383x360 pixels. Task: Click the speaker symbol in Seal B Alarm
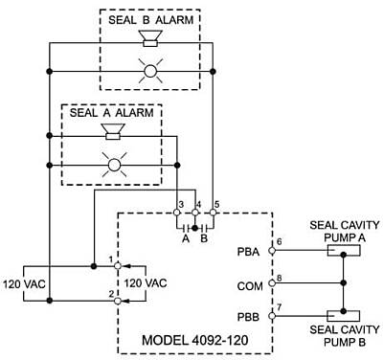tap(150, 38)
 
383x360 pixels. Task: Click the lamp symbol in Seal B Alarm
tap(150, 71)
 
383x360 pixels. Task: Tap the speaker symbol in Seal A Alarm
tap(113, 132)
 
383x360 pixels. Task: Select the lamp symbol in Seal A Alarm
tap(114, 165)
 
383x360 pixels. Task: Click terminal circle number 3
tap(176, 212)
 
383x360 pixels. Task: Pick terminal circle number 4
tap(194, 212)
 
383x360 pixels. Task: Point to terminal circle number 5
tap(213, 212)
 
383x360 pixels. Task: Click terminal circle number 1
tap(118, 265)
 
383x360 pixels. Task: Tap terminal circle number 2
tap(118, 301)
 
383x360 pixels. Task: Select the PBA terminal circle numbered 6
tap(272, 251)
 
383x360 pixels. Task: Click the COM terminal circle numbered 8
tap(272, 282)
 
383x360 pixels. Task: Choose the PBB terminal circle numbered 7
tap(272, 316)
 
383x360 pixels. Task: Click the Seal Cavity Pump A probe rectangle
tap(344, 251)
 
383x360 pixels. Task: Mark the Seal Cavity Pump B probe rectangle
tap(344, 316)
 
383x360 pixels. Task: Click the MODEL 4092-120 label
tap(195, 340)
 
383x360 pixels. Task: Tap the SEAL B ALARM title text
tap(151, 20)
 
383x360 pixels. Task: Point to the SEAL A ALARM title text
tap(112, 112)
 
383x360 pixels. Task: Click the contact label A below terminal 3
tap(186, 238)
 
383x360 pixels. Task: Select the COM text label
tap(250, 286)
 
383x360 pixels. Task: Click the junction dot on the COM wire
tap(344, 282)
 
